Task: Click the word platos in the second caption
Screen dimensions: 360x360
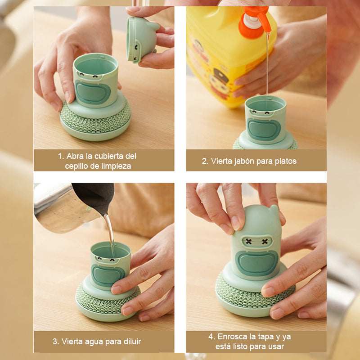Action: click(x=286, y=161)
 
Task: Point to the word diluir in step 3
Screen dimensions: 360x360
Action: click(x=132, y=342)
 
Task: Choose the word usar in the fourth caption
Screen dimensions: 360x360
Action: click(x=276, y=346)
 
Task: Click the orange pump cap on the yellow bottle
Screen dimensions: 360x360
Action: click(x=254, y=21)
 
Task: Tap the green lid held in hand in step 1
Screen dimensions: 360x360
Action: click(x=142, y=39)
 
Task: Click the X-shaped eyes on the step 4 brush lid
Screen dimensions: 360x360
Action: click(x=257, y=241)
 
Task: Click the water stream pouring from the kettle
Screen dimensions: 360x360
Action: click(x=110, y=232)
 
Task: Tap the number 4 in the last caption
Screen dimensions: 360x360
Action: click(x=211, y=337)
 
